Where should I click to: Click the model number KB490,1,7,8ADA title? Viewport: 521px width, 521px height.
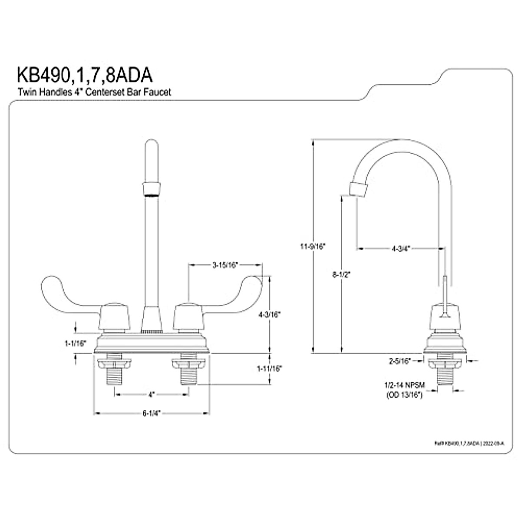pyautogui.click(x=85, y=75)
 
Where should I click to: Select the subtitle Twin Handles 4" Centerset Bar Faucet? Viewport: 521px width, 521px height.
pyautogui.click(x=94, y=92)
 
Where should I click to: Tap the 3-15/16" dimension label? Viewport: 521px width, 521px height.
pyautogui.click(x=225, y=264)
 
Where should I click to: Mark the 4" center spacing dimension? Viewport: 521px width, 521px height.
pyautogui.click(x=151, y=395)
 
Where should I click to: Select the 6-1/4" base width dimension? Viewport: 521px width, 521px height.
pyautogui.click(x=152, y=413)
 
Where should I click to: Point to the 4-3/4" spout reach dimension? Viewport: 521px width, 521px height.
pyautogui.click(x=400, y=249)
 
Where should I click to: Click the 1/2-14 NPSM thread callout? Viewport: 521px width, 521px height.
pyautogui.click(x=404, y=385)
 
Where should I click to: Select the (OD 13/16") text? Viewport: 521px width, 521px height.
pyautogui.click(x=404, y=395)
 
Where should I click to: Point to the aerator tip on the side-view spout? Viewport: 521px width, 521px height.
pyautogui.click(x=359, y=190)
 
